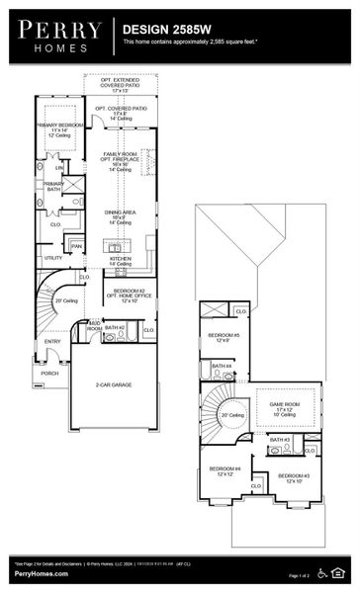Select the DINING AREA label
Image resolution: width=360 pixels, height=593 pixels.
tap(123, 212)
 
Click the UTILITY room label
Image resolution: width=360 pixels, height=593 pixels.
tap(52, 258)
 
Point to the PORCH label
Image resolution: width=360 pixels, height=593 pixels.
tap(49, 374)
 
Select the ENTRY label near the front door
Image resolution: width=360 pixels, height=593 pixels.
tap(52, 342)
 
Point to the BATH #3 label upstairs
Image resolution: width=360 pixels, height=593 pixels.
tap(280, 440)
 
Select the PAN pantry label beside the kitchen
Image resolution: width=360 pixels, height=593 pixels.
tap(76, 246)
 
